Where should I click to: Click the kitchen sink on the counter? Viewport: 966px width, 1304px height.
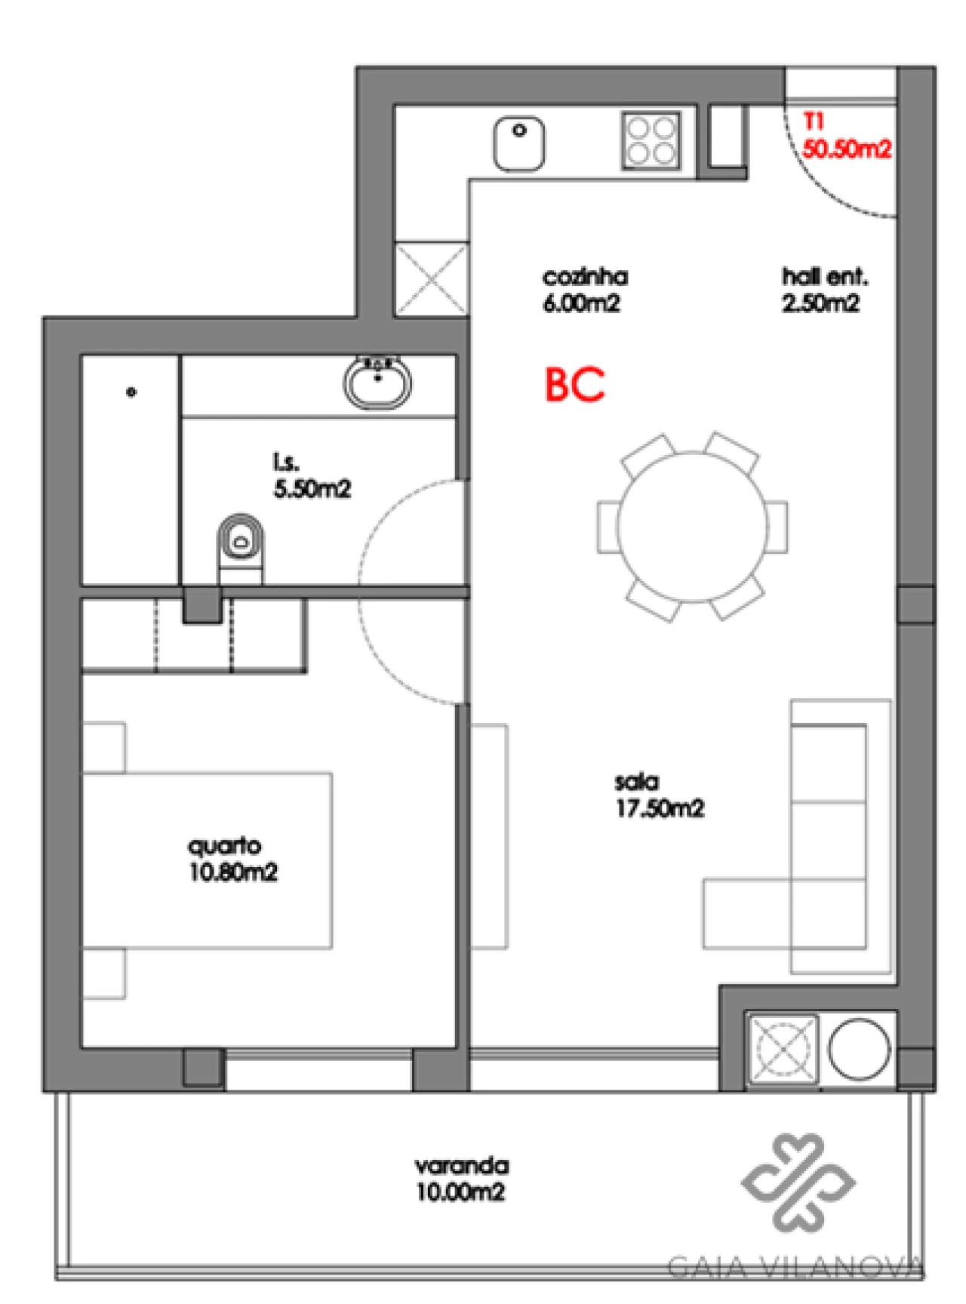pyautogui.click(x=519, y=143)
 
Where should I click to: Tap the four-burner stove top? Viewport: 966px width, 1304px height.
pyautogui.click(x=651, y=141)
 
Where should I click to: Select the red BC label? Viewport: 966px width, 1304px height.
pyautogui.click(x=575, y=384)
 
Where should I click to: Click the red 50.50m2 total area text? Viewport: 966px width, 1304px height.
pyautogui.click(x=846, y=149)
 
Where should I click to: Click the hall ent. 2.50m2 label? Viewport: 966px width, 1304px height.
pyautogui.click(x=823, y=291)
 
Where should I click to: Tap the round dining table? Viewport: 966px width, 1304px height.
pyautogui.click(x=692, y=527)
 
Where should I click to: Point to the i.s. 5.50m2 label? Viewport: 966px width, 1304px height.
pyautogui.click(x=312, y=476)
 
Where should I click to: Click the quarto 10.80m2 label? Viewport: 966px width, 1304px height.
pyautogui.click(x=232, y=860)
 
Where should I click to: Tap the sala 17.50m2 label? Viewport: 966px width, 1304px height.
pyautogui.click(x=659, y=795)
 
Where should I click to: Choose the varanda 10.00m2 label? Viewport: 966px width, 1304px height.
pyautogui.click(x=461, y=1179)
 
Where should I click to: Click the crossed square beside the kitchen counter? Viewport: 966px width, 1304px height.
pyautogui.click(x=431, y=278)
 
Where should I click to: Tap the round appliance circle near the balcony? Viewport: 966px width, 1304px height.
pyautogui.click(x=859, y=1049)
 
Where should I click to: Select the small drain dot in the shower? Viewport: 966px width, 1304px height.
pyautogui.click(x=131, y=392)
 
